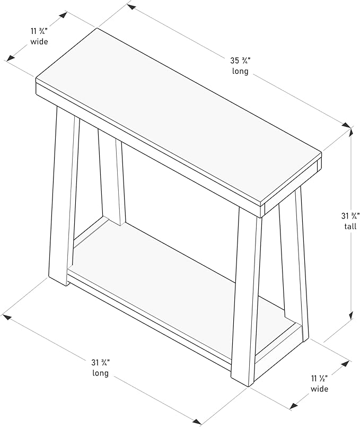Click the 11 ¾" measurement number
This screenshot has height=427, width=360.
(38, 31)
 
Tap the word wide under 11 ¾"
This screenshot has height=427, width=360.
(38, 41)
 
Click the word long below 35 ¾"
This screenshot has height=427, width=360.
(240, 72)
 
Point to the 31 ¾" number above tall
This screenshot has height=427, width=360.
(349, 216)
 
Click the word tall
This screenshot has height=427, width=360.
(349, 226)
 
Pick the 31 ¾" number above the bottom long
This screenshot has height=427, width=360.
(100, 363)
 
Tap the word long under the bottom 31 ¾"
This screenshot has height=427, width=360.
(100, 373)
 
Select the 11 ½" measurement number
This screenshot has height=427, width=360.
(319, 379)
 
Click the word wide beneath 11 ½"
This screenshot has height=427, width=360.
(319, 389)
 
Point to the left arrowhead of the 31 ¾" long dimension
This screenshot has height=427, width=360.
(7, 317)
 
